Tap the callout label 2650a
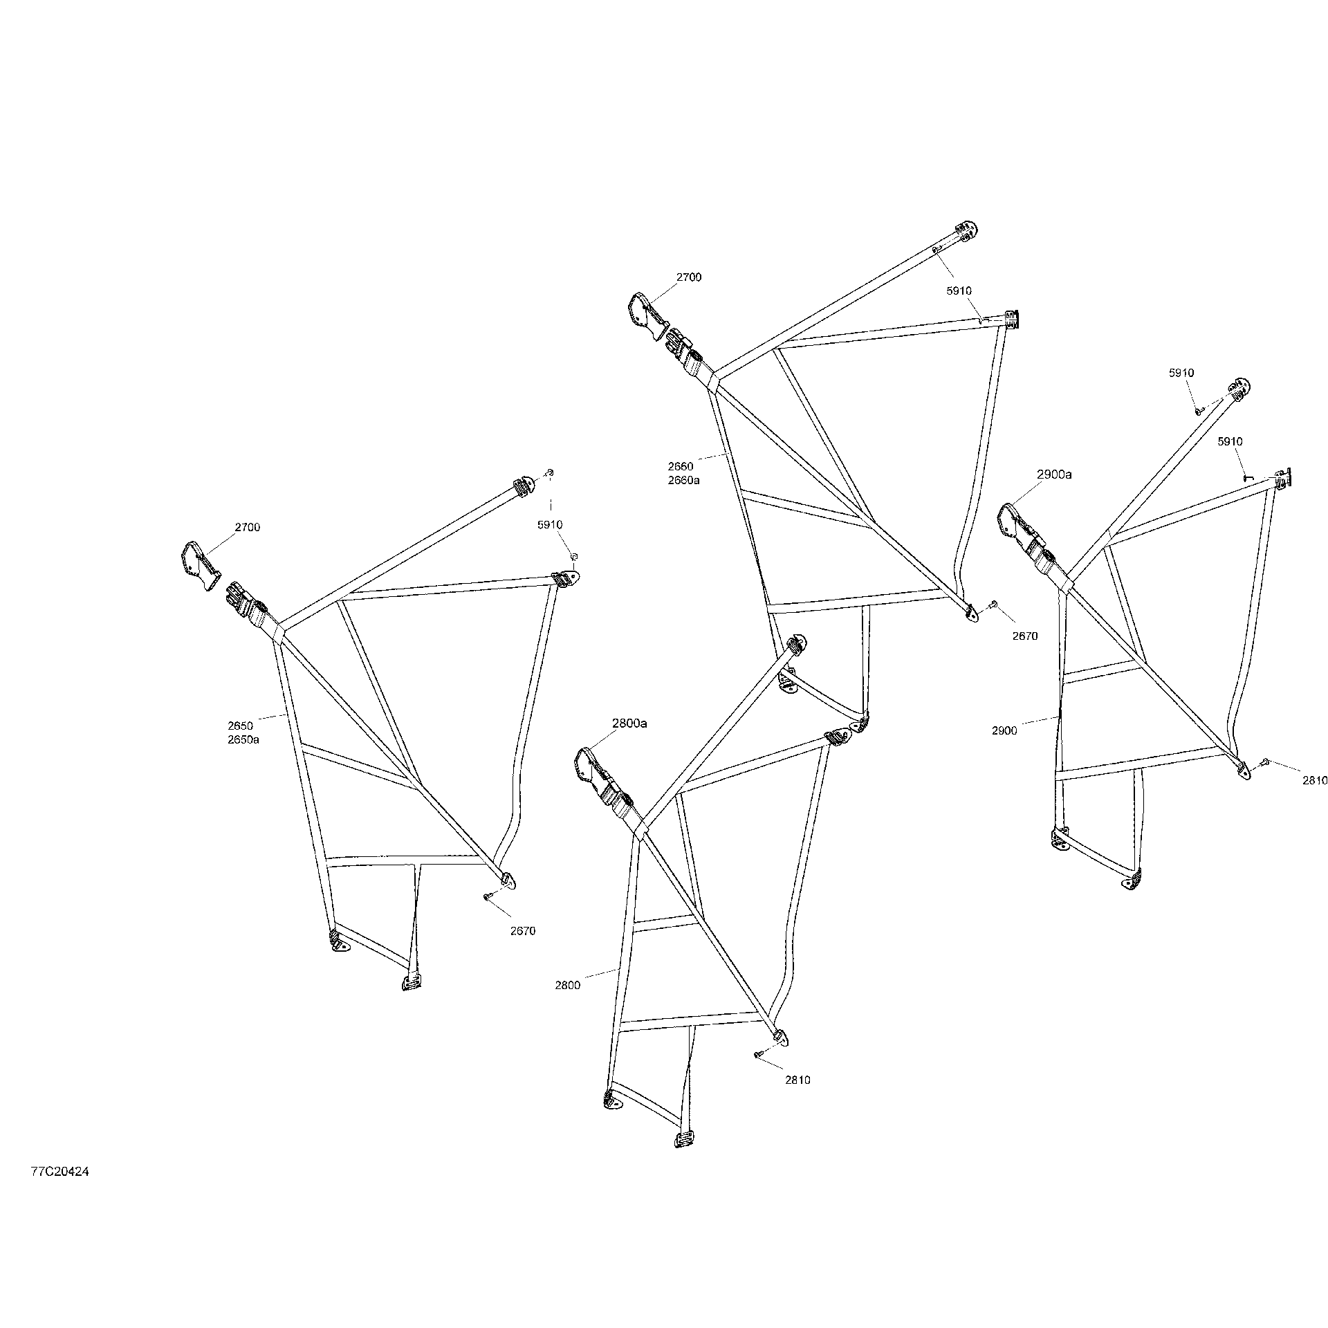[x=243, y=739]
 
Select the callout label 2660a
[x=683, y=480]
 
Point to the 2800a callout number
[x=629, y=723]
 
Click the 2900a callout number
[x=1054, y=474]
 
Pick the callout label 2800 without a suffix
[x=567, y=986]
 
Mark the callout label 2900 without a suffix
[x=1004, y=730]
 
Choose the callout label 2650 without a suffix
[x=240, y=726]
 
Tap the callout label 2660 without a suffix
[x=681, y=466]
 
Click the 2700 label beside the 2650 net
[x=247, y=527]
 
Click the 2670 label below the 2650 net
[x=523, y=931]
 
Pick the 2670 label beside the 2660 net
[x=1025, y=636]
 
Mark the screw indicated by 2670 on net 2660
[x=992, y=604]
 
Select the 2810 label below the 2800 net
[x=797, y=1080]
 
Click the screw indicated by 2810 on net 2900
[x=1264, y=762]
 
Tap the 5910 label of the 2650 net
[x=550, y=525]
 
